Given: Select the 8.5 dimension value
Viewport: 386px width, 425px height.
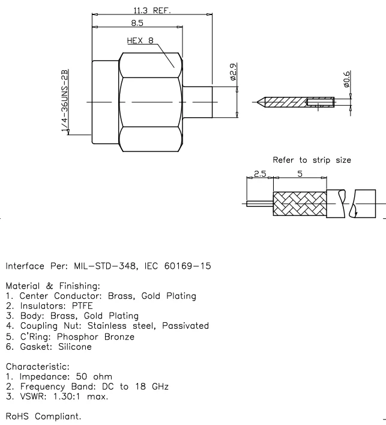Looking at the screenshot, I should pyautogui.click(x=137, y=23).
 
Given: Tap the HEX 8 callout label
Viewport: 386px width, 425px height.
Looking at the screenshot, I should pyautogui.click(x=140, y=41).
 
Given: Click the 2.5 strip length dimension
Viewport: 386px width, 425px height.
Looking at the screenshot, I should pyautogui.click(x=259, y=173).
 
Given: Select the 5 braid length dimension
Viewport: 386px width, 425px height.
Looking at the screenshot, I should pyautogui.click(x=300, y=173).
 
